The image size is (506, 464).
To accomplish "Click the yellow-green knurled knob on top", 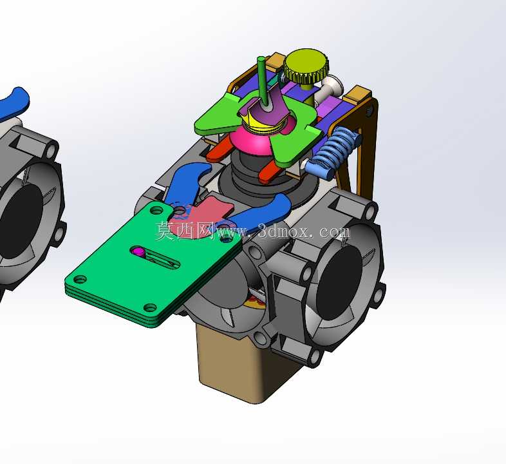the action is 306,66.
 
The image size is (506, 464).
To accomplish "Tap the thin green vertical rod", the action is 263,81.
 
